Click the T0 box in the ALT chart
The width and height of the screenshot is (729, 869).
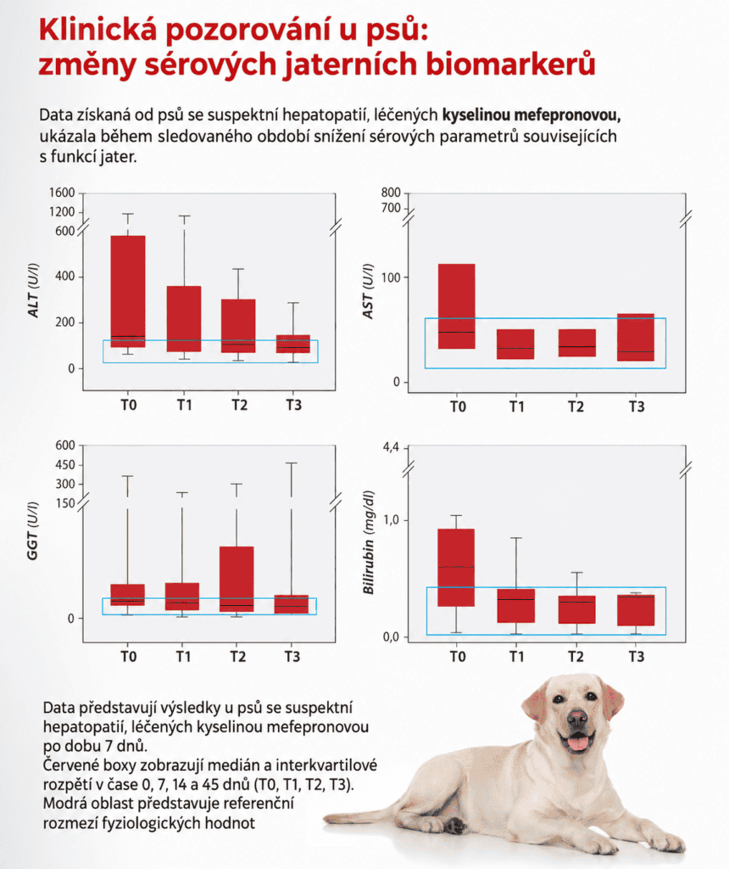(x=128, y=292)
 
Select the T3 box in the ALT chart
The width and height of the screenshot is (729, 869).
(x=292, y=344)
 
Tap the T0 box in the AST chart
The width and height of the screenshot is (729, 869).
(x=457, y=306)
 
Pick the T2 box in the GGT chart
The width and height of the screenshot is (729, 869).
(x=237, y=579)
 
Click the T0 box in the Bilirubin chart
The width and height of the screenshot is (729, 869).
(x=456, y=568)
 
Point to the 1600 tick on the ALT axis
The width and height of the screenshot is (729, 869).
(x=62, y=193)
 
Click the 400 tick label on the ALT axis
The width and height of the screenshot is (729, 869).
(x=64, y=276)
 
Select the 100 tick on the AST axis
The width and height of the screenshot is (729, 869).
(x=391, y=278)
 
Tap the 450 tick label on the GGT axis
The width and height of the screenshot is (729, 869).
(x=64, y=464)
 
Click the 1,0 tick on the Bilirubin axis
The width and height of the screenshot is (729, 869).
(x=392, y=520)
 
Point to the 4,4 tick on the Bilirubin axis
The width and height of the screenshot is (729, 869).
(x=391, y=447)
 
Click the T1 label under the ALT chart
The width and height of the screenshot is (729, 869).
(x=184, y=405)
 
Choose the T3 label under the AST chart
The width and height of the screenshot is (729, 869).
(x=637, y=406)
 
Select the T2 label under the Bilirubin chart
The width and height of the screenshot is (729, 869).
(x=576, y=657)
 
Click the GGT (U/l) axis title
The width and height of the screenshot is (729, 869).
(x=33, y=530)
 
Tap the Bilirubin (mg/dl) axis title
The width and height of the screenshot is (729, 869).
(x=369, y=542)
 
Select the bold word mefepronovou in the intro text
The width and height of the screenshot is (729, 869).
(x=567, y=115)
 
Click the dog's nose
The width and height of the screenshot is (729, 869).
(x=576, y=719)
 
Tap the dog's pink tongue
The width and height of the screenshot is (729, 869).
(x=577, y=742)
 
